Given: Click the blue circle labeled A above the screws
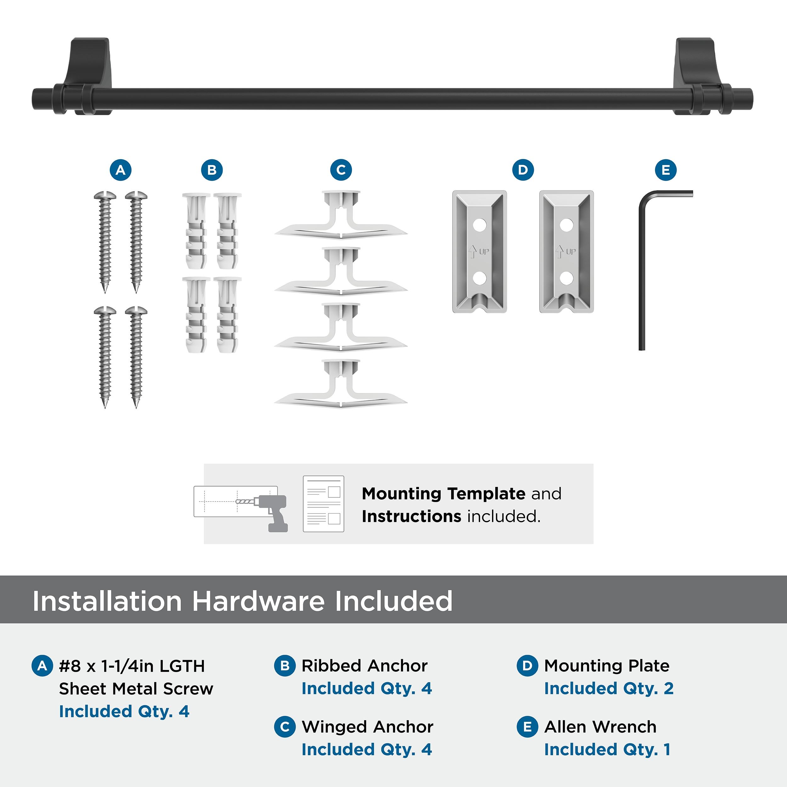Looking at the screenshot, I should pos(121,170).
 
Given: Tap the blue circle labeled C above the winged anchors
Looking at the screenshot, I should pos(341,170).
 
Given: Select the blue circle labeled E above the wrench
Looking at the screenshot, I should pos(665,170).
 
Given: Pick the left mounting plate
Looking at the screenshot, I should pos(479,251).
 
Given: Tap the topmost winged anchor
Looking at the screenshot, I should pos(341,216).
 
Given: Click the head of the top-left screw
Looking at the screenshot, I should pos(105,196).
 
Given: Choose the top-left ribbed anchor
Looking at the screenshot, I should pos(195,230).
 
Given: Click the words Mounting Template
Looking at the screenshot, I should pos(444,493).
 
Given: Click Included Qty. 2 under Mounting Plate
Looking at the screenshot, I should pos(609,688).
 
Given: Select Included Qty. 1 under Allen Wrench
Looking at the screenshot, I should pos(607,750).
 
